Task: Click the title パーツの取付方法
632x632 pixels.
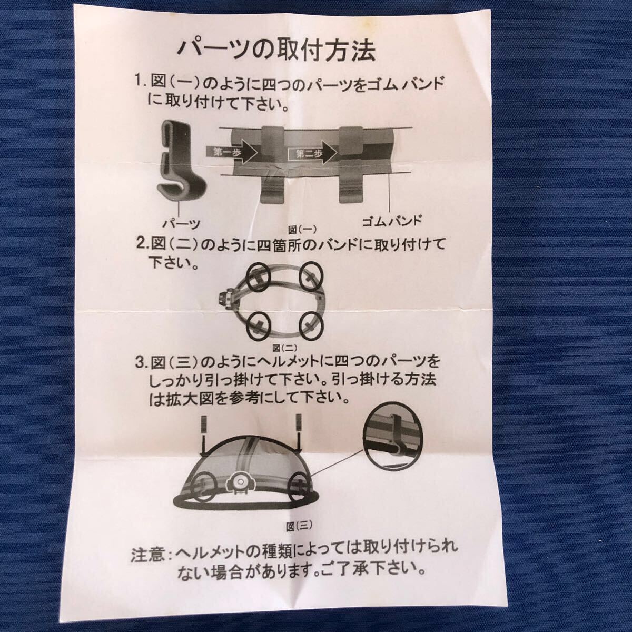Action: point(276,52)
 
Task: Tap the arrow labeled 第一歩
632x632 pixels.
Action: point(231,153)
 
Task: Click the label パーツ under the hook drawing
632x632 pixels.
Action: point(181,224)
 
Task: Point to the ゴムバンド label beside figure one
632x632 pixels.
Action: point(391,221)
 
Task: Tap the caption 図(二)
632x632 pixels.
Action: point(285,348)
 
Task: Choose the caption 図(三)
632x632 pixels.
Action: point(299,526)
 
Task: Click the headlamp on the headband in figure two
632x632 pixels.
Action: point(225,299)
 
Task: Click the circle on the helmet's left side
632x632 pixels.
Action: point(205,491)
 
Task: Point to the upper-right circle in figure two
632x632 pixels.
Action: point(311,276)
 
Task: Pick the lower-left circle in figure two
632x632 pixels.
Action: point(258,327)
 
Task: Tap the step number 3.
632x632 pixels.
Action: point(141,363)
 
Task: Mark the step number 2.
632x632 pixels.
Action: point(142,244)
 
